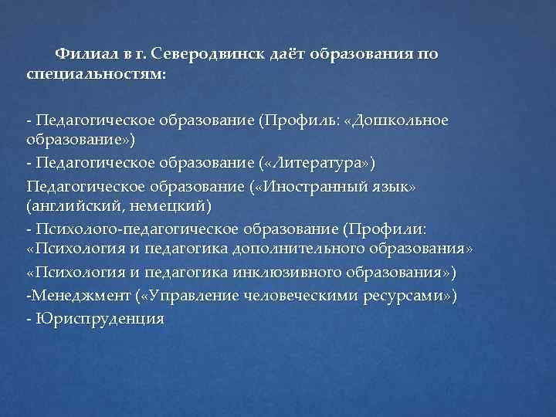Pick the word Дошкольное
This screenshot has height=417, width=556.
pos(400,121)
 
